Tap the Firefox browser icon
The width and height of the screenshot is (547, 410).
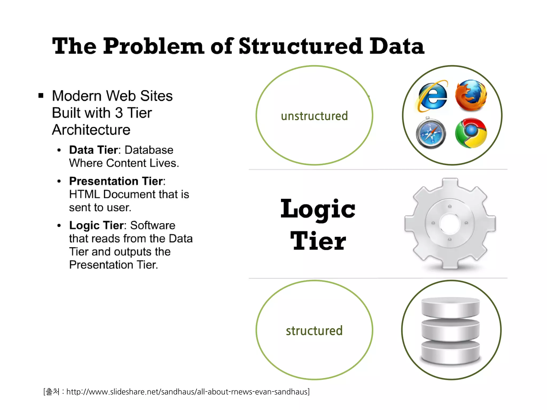click(471, 95)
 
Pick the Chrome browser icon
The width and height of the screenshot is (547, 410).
click(471, 133)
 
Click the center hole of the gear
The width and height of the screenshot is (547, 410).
click(450, 223)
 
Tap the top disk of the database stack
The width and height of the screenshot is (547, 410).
click(450, 307)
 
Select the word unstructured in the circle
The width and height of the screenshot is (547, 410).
click(314, 116)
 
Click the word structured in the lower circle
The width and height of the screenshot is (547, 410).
click(314, 331)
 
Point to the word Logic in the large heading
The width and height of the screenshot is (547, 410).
click(318, 209)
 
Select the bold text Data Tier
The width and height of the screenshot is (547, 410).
click(93, 150)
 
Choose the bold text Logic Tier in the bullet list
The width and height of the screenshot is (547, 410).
click(96, 226)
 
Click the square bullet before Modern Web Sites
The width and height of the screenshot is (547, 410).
click(41, 96)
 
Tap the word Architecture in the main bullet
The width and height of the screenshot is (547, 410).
click(91, 130)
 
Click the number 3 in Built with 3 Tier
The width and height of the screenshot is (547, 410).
click(119, 113)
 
